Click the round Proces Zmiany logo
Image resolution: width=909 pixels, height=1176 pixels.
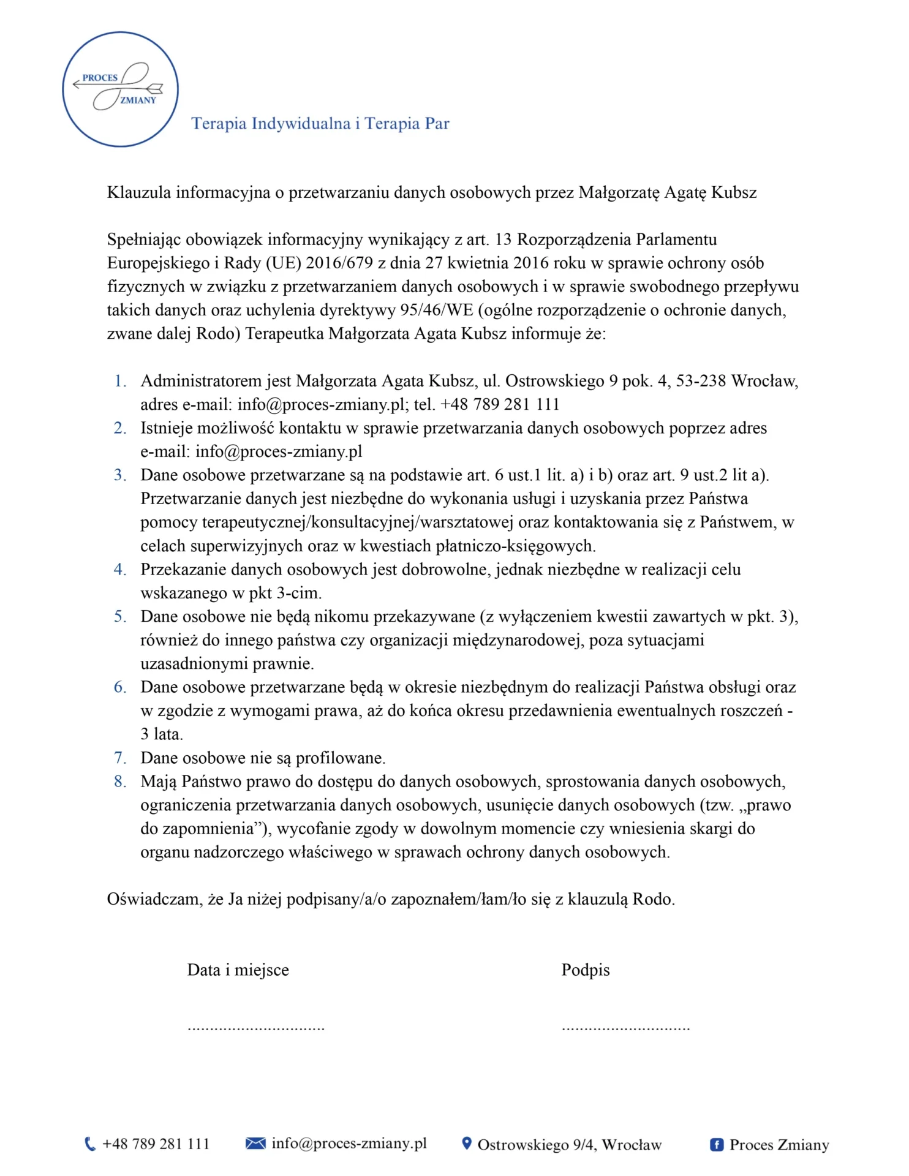[x=120, y=89]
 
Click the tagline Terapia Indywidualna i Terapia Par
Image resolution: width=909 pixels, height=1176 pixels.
[x=320, y=124]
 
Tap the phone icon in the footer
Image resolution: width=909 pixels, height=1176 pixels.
[x=90, y=1144]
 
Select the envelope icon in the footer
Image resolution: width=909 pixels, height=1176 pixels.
[x=255, y=1143]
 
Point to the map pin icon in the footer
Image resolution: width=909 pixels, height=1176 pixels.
[x=467, y=1143]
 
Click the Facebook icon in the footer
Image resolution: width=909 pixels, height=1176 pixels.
[x=716, y=1144]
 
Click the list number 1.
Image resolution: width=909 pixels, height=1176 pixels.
[x=120, y=381]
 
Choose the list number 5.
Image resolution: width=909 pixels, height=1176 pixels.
[x=120, y=616]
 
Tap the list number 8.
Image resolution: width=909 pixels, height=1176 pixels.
[x=120, y=782]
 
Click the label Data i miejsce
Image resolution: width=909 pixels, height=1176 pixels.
[x=238, y=970]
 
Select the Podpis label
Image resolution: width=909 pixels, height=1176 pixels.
[x=586, y=970]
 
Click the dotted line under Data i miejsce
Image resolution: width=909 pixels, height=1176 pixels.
[x=256, y=1028]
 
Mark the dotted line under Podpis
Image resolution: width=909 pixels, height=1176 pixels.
[x=625, y=1028]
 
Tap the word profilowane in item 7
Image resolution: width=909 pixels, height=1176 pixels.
[x=340, y=758]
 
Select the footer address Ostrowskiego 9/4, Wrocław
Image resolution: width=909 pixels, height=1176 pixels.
[x=570, y=1144]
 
